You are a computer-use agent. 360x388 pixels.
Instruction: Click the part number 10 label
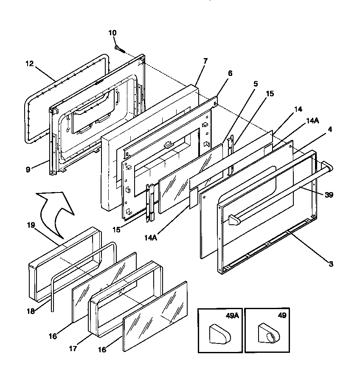[x=112, y=33]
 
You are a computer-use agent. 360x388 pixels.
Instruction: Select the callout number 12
[x=29, y=64]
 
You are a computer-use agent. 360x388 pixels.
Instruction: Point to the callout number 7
[x=205, y=61]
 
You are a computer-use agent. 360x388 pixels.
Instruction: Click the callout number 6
[x=230, y=73]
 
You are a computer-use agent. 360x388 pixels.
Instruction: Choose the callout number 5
[x=256, y=84]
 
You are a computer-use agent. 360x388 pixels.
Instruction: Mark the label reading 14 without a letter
[x=298, y=109]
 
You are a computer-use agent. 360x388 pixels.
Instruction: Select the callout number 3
[x=331, y=264]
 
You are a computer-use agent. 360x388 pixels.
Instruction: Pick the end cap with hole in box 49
[x=267, y=334]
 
